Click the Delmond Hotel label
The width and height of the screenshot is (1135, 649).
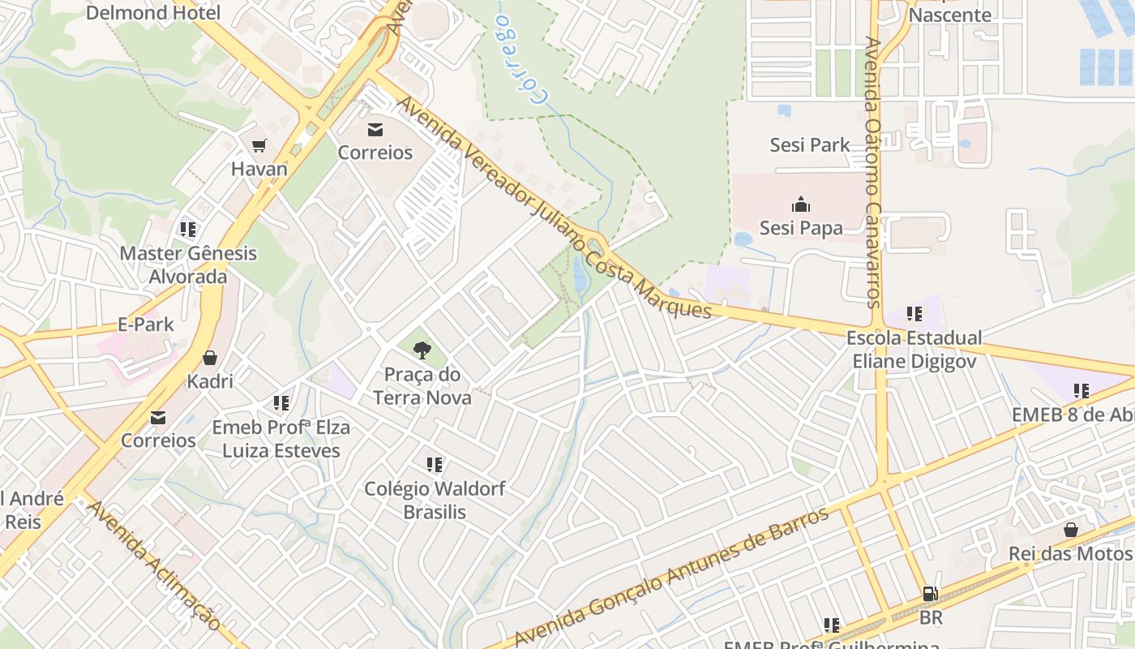[x=153, y=12]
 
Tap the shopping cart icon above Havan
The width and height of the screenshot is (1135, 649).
[x=259, y=146]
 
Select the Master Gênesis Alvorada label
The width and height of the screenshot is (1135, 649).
[x=188, y=264]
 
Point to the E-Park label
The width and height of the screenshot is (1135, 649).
[x=146, y=324]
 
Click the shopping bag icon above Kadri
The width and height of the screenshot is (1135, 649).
[x=210, y=358]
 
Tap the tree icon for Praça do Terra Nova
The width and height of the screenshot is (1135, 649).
[x=422, y=350]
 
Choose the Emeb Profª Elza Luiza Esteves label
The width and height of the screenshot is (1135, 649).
[x=281, y=439]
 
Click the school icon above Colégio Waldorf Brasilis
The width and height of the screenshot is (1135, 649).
[x=435, y=465]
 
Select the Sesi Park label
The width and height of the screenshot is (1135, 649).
[x=810, y=145]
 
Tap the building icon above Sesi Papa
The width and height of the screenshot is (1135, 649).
[x=801, y=204]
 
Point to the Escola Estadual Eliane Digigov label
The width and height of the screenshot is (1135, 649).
[x=914, y=350]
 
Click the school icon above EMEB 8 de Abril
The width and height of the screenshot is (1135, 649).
[x=1081, y=391]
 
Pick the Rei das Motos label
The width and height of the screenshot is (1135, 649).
[x=1070, y=553]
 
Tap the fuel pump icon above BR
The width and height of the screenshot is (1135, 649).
[x=931, y=595]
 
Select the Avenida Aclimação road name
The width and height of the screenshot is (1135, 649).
[x=154, y=565]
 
